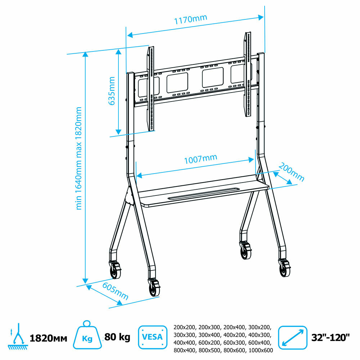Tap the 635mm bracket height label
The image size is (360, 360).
coord(112,91)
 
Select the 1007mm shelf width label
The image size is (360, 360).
coord(201,159)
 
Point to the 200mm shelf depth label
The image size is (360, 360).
coord(291,172)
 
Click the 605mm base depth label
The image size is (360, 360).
coord(115,291)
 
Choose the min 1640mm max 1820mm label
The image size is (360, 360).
coord(79,158)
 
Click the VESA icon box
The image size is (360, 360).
coord(152,337)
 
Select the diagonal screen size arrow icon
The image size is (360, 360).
coord(292,337)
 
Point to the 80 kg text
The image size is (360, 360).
coord(117,337)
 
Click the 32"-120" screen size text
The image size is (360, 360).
coord(330,338)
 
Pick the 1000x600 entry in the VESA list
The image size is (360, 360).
coord(261,350)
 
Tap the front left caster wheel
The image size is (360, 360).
coord(154,288)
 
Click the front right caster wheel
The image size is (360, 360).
coord(285,268)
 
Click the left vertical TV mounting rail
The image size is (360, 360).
coord(151,89)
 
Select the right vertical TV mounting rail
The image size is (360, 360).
coord(248,74)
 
